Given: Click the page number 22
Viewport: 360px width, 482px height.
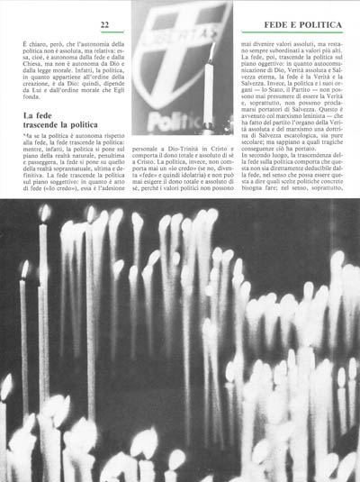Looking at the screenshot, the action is [x=104, y=23].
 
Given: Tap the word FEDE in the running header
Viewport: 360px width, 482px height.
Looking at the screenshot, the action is [x=270, y=23].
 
